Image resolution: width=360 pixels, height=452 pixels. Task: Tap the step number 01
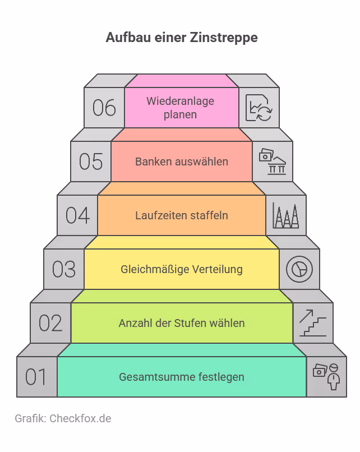click(x=36, y=377)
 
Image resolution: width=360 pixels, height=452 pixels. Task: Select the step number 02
click(x=50, y=323)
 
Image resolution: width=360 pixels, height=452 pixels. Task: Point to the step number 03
click(x=64, y=269)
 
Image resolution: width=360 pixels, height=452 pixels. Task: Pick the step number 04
click(x=77, y=215)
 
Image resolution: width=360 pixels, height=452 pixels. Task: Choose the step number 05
click(x=91, y=162)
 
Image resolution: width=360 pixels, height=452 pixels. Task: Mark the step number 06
click(x=104, y=108)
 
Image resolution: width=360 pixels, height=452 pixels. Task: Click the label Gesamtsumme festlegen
click(x=182, y=377)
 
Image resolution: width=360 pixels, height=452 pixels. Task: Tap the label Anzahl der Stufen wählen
click(x=182, y=323)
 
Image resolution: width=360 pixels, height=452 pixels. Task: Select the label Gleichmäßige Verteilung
click(x=182, y=269)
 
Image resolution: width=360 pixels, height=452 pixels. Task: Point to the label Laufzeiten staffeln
click(x=182, y=215)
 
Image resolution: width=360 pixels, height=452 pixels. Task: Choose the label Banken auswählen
click(x=182, y=162)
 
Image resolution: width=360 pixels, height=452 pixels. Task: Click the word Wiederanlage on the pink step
click(x=181, y=101)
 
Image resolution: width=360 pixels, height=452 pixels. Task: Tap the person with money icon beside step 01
click(x=326, y=376)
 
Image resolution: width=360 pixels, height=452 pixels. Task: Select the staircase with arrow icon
click(x=313, y=323)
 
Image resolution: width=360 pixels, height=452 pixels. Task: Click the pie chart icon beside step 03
click(x=299, y=269)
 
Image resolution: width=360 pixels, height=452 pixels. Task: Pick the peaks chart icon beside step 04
click(x=285, y=215)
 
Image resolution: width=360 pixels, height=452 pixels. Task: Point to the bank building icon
click(x=273, y=162)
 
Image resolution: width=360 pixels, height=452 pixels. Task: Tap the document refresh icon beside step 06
click(x=259, y=108)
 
